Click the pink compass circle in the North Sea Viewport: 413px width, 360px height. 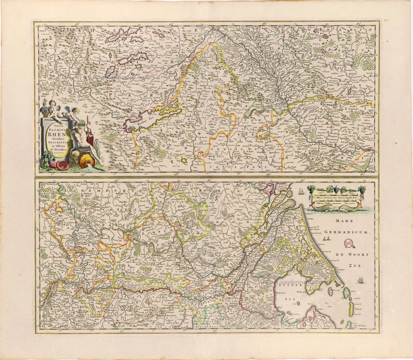pos(349,244)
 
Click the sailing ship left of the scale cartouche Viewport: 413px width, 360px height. pos(300,192)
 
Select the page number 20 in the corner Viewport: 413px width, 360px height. pos(386,19)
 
